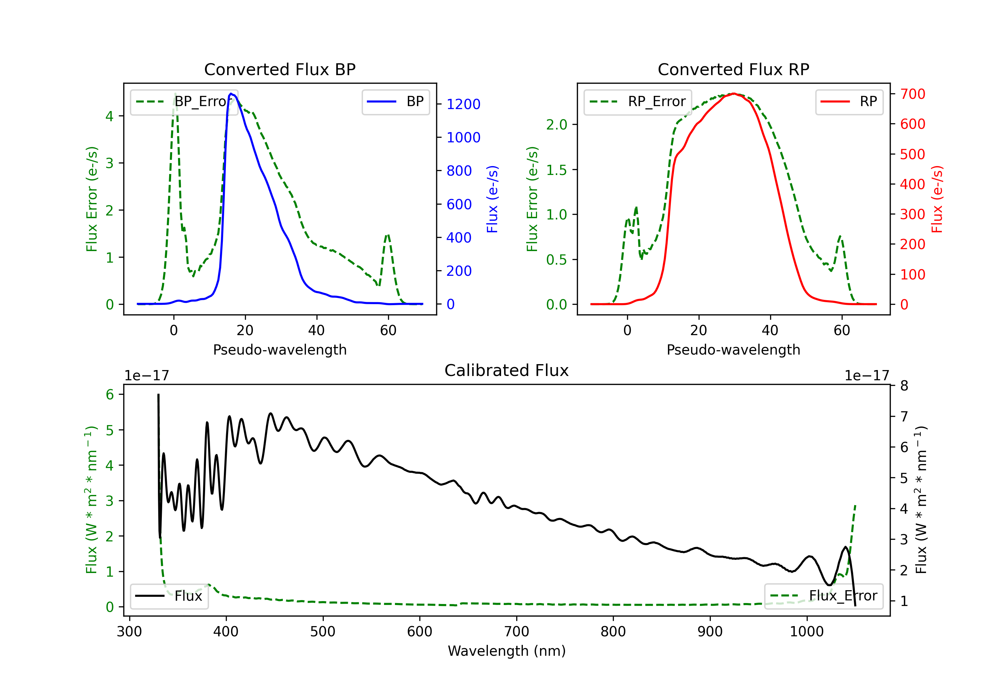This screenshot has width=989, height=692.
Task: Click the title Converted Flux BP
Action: click(x=280, y=69)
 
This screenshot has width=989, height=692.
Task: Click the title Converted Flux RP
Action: click(x=733, y=69)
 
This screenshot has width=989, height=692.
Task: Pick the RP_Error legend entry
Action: click(x=638, y=101)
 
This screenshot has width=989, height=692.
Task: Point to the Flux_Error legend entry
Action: click(x=824, y=596)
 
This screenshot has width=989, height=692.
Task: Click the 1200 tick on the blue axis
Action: click(x=463, y=104)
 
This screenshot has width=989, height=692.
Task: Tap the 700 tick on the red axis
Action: click(x=912, y=94)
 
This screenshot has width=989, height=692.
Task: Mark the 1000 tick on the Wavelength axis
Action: click(x=806, y=632)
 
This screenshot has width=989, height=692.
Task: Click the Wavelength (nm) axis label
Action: click(x=507, y=651)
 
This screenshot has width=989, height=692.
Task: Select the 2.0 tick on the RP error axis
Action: click(x=556, y=125)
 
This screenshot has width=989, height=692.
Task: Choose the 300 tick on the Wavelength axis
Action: click(x=129, y=632)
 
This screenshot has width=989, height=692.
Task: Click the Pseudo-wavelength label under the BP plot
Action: click(x=280, y=350)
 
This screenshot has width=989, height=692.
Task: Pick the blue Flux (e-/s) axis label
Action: click(x=492, y=199)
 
